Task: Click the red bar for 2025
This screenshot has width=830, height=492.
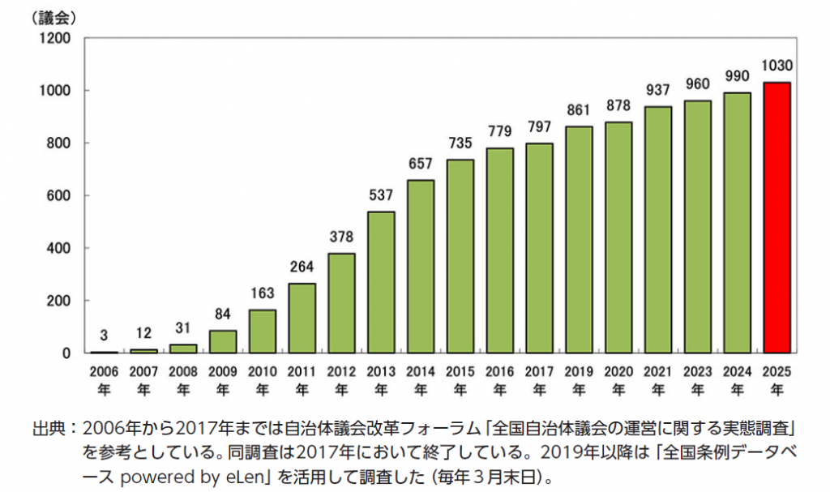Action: pos(777,217)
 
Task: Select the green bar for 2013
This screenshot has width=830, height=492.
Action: pos(381,282)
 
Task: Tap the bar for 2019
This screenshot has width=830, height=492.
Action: pos(579,239)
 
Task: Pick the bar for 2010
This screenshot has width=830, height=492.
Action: pos(262,331)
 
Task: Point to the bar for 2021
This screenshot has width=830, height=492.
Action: pos(658,229)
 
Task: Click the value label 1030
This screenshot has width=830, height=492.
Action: pos(777,66)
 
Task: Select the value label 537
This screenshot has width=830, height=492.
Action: pos(381,195)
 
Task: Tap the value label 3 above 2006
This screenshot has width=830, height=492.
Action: pos(104,335)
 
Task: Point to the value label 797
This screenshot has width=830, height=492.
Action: pos(539,127)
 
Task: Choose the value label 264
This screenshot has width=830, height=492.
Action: pos(302,267)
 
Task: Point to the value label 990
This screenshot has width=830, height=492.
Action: pos(737,76)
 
